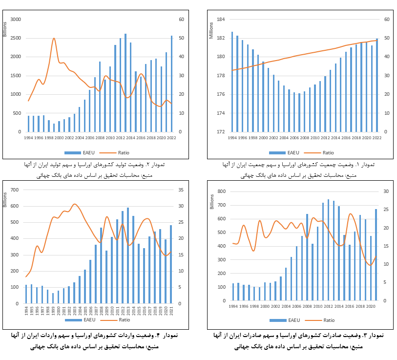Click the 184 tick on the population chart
(220, 20)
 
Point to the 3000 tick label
(16, 20)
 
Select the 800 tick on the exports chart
(221, 191)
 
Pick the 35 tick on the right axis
(180, 190)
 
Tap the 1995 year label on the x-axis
(32, 311)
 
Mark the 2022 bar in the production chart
(171, 84)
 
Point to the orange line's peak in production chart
(54, 38)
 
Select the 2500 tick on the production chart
(16, 38)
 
